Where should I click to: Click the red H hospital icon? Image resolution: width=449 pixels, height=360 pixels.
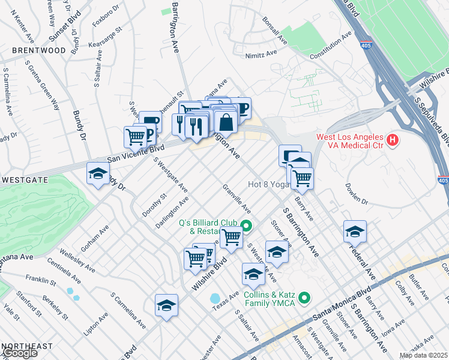[392, 140]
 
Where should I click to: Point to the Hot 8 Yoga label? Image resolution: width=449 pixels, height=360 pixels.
[267, 184]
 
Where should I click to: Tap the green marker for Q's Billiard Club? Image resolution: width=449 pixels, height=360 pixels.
[246, 226]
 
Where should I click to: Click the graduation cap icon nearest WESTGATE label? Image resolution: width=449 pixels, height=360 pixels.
[98, 174]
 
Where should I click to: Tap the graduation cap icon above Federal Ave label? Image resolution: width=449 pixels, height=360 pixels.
[355, 231]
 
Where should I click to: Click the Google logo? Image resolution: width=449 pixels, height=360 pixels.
[20, 353]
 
